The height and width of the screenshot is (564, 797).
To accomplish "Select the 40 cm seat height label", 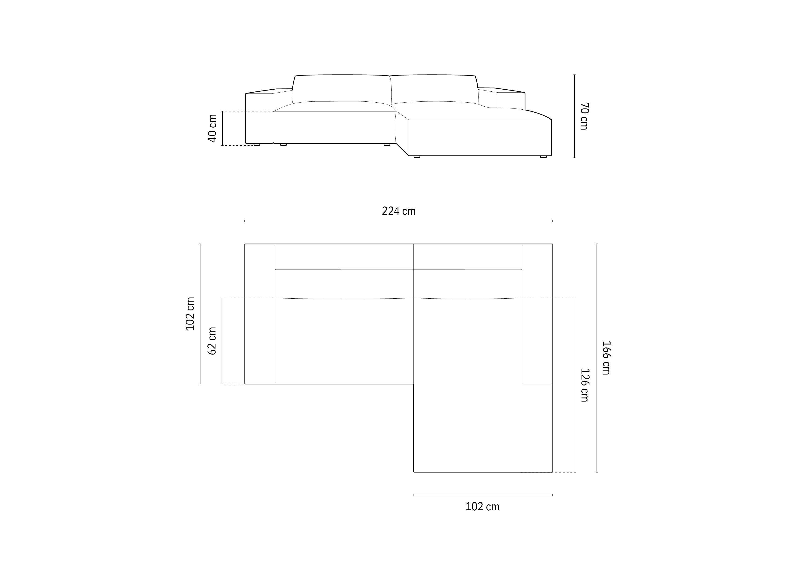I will pyautogui.click(x=212, y=128).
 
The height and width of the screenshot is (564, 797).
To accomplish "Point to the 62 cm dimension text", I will pyautogui.click(x=212, y=341).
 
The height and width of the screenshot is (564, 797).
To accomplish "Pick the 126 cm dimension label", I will pyautogui.click(x=585, y=385).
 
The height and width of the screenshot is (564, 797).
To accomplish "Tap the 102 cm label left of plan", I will pyautogui.click(x=190, y=314).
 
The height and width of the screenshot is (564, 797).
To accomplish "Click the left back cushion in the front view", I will pyautogui.click(x=342, y=89).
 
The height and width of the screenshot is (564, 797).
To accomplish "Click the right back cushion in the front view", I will pyautogui.click(x=434, y=89).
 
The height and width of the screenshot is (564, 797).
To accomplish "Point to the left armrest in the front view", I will pyautogui.click(x=259, y=118).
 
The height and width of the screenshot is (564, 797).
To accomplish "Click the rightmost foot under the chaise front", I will pyautogui.click(x=543, y=157).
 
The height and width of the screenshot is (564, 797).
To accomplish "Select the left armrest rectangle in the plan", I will pyautogui.click(x=260, y=314).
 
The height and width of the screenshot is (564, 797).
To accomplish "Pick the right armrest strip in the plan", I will pyautogui.click(x=537, y=314).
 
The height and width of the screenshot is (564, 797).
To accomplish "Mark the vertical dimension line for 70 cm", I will pyautogui.click(x=575, y=116).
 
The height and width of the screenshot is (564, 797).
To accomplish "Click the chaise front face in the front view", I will pyautogui.click(x=479, y=137).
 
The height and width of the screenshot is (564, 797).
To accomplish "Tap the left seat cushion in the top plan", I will pyautogui.click(x=344, y=340).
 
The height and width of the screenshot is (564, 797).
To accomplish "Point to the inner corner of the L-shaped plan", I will pyautogui.click(x=413, y=384).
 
